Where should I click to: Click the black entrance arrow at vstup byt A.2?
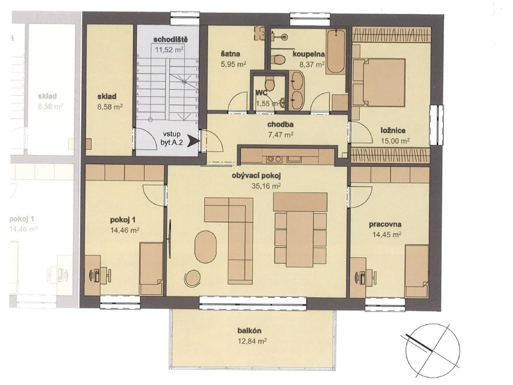coord(195,141)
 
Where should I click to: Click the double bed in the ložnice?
coord(381,83)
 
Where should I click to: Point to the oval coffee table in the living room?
coord(205,247)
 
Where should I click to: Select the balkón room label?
coord(249,331)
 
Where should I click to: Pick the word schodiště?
coord(170,40)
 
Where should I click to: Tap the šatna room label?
coord(230,54)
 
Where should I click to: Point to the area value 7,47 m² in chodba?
coord(281,134)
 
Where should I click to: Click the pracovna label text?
coord(385,224)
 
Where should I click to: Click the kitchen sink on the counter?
coord(296,159)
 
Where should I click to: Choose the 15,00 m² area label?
coord(395,141)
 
